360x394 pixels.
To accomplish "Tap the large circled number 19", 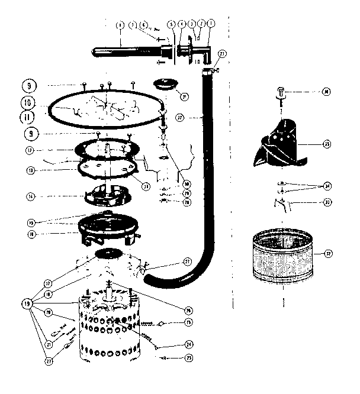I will click(x=26, y=303).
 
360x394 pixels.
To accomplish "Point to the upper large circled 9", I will click(x=28, y=83).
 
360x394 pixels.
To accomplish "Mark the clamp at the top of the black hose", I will click(x=207, y=73).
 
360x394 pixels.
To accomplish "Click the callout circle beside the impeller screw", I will click(x=327, y=92).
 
